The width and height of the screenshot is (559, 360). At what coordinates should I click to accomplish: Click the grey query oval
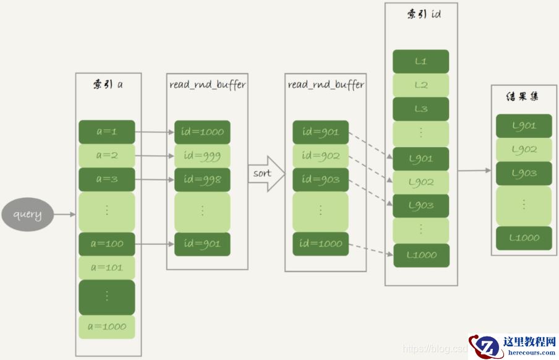click(x=28, y=215)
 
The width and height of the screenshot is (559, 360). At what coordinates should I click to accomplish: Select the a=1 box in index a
click(x=106, y=132)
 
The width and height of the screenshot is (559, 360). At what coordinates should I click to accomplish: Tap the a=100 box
click(x=106, y=244)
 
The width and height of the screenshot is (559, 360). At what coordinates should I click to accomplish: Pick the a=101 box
click(x=106, y=267)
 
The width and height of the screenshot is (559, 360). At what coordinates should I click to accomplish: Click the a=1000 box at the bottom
click(x=106, y=327)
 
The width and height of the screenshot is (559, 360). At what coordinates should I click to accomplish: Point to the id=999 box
click(x=202, y=156)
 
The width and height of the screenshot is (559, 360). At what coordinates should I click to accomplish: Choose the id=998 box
click(x=202, y=179)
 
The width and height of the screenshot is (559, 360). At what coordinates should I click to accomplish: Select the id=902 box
click(x=320, y=156)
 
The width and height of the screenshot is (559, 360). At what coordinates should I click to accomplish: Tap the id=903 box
click(x=320, y=179)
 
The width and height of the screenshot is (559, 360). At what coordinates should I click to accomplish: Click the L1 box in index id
click(x=421, y=62)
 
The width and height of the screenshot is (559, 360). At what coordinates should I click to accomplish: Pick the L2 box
click(x=421, y=85)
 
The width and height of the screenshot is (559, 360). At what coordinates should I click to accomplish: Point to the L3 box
click(x=421, y=109)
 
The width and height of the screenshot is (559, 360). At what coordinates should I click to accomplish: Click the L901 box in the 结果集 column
click(x=524, y=126)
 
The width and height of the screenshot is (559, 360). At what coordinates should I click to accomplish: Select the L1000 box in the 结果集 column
click(x=524, y=238)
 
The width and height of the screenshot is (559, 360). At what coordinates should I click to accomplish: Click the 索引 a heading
click(x=108, y=84)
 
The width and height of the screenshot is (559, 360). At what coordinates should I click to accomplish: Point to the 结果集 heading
click(x=523, y=97)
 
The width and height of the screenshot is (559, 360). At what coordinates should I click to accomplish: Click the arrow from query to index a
click(x=64, y=215)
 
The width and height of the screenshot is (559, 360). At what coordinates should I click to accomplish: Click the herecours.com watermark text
click(x=531, y=353)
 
